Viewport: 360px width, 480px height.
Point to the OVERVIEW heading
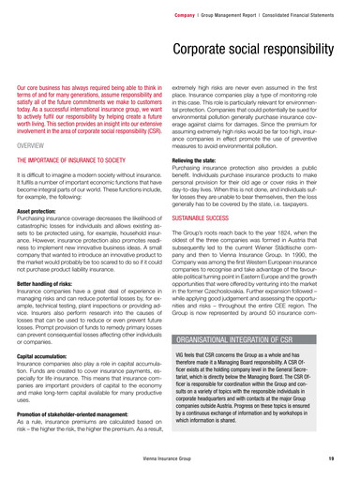pyautogui.click(x=34, y=146)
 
